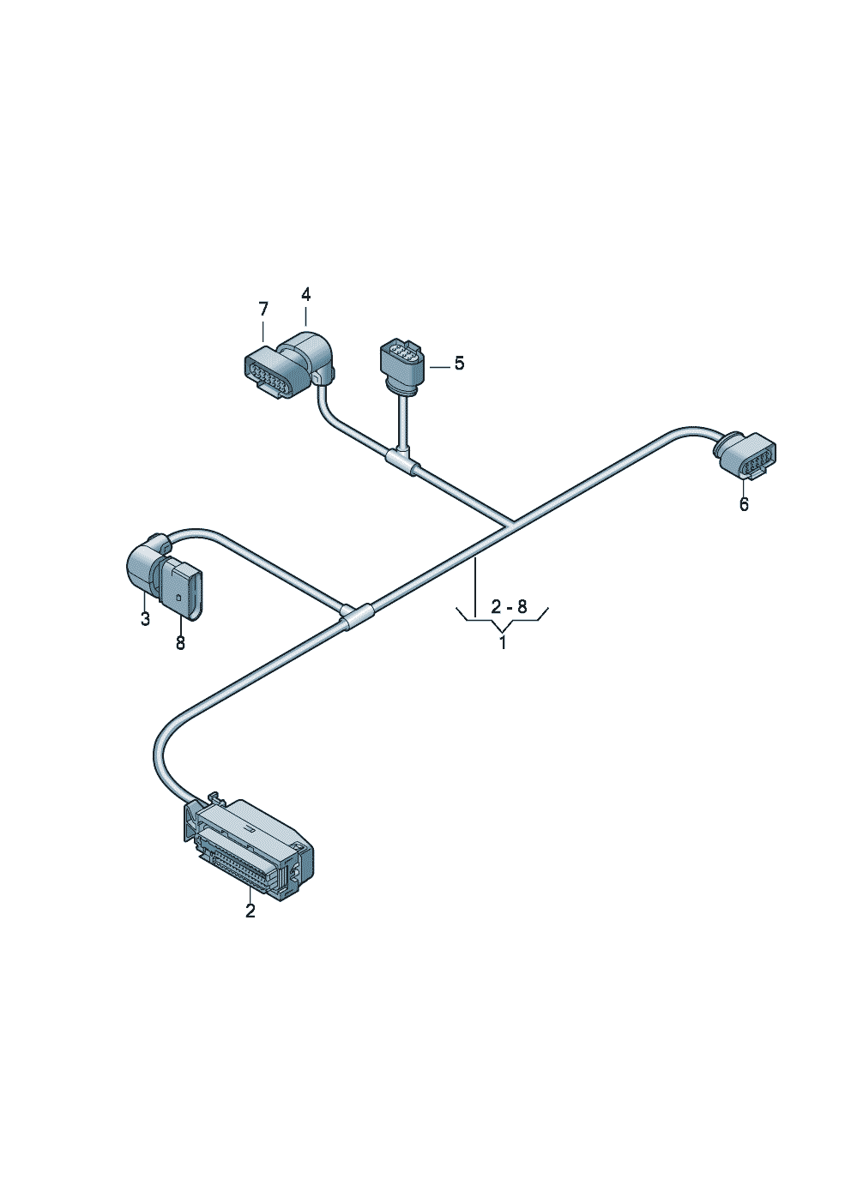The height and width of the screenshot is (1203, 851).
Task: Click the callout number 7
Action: pyautogui.click(x=263, y=309)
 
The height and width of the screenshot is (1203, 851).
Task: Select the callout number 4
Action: pyautogui.click(x=306, y=294)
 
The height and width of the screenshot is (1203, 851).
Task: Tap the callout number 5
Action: pyautogui.click(x=459, y=364)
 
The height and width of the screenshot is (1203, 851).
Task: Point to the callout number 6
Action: pyautogui.click(x=744, y=504)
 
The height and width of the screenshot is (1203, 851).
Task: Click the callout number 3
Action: pyautogui.click(x=145, y=618)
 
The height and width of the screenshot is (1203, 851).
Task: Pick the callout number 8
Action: pyautogui.click(x=180, y=643)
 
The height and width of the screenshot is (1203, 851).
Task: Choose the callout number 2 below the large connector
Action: pyautogui.click(x=250, y=911)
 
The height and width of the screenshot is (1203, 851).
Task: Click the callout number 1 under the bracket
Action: pyautogui.click(x=503, y=642)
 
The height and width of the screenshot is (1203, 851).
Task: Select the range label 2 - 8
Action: pyautogui.click(x=509, y=607)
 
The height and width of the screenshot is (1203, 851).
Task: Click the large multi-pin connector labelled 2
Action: pyautogui.click(x=249, y=848)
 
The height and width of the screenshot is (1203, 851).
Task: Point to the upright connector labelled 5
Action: pyautogui.click(x=401, y=365)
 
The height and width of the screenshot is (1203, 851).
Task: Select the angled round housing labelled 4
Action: pyautogui.click(x=310, y=354)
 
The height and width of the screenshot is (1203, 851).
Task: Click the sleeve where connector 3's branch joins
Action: pyautogui.click(x=356, y=615)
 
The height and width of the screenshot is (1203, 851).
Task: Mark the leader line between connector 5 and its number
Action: pyautogui.click(x=438, y=366)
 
